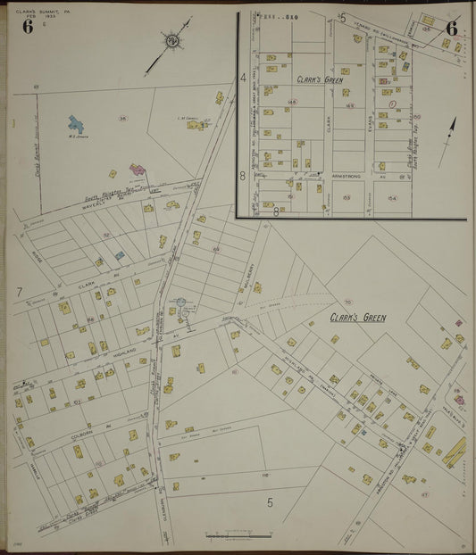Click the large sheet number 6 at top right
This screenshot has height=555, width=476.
click(x=452, y=27)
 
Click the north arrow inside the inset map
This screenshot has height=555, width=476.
click(x=451, y=125)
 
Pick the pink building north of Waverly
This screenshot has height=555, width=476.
click(x=138, y=168)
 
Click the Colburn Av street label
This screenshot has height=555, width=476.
click(x=83, y=436)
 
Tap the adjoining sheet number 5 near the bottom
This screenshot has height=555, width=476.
click(x=270, y=501)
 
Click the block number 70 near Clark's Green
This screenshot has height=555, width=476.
click(x=347, y=302)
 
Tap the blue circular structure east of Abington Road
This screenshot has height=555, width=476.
click(x=181, y=304)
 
